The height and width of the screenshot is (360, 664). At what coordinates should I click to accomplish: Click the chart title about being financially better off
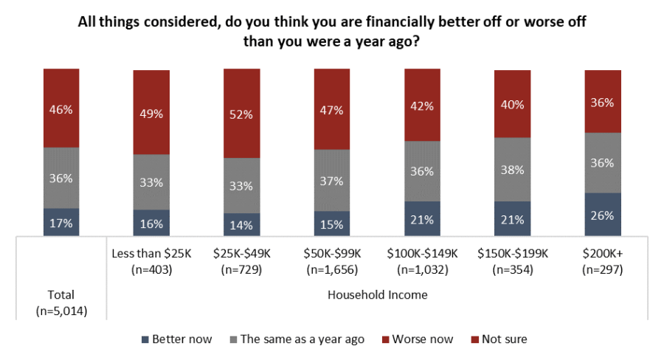[x=332, y=32]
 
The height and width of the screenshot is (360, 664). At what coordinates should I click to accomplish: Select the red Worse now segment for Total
[x=61, y=108]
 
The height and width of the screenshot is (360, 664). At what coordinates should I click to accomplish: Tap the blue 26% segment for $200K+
[x=604, y=215]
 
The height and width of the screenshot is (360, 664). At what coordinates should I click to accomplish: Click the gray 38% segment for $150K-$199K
[x=513, y=169]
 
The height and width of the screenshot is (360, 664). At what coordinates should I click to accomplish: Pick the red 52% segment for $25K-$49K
[x=242, y=114]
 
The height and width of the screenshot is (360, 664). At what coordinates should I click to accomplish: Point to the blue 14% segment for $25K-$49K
[x=242, y=225]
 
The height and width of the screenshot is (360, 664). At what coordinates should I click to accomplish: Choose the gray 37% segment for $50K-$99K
[x=332, y=180]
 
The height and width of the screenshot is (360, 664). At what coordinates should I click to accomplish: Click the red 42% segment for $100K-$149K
[x=423, y=105]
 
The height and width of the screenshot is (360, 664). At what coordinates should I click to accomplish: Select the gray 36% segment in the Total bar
[x=61, y=178]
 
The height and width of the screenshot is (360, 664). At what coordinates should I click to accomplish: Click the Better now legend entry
[x=176, y=339]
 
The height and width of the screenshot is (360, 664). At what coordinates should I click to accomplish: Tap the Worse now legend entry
[x=418, y=339]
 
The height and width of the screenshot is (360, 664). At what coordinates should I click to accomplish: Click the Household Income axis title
[x=376, y=294]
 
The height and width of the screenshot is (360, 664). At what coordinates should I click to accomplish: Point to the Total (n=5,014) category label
[x=61, y=303]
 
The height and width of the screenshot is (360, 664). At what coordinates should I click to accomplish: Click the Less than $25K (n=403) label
[x=151, y=261]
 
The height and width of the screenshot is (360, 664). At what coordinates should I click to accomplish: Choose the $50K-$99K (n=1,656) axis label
[x=332, y=261]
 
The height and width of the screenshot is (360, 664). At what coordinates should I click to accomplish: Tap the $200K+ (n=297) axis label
[x=604, y=261]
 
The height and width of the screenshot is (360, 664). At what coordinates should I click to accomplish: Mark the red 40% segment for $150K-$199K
[x=513, y=104]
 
